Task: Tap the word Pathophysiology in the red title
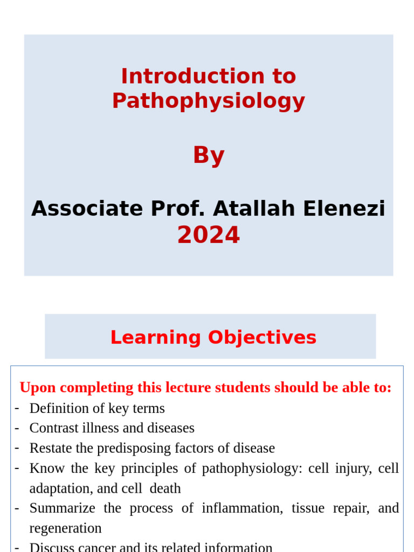pyautogui.click(x=209, y=101)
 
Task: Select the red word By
pyautogui.click(x=209, y=156)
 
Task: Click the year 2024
pyautogui.click(x=209, y=235)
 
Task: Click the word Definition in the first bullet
pyautogui.click(x=59, y=408)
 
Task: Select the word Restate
pyautogui.click(x=50, y=448)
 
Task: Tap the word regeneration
pyautogui.click(x=65, y=528)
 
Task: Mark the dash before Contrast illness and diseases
pyautogui.click(x=17, y=427)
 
